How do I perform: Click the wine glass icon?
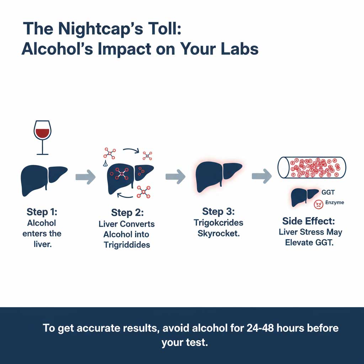42,137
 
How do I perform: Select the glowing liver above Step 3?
219,174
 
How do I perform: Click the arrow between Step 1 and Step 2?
86,176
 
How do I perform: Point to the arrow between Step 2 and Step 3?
176,176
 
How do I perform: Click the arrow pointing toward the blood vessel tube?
262,176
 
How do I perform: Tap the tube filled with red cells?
311,167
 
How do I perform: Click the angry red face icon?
318,204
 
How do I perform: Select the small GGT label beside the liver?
328,192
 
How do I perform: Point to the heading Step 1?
42,212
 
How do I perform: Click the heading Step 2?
127,213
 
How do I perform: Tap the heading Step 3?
218,212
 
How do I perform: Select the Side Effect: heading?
309,221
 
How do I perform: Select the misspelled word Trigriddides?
127,245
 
